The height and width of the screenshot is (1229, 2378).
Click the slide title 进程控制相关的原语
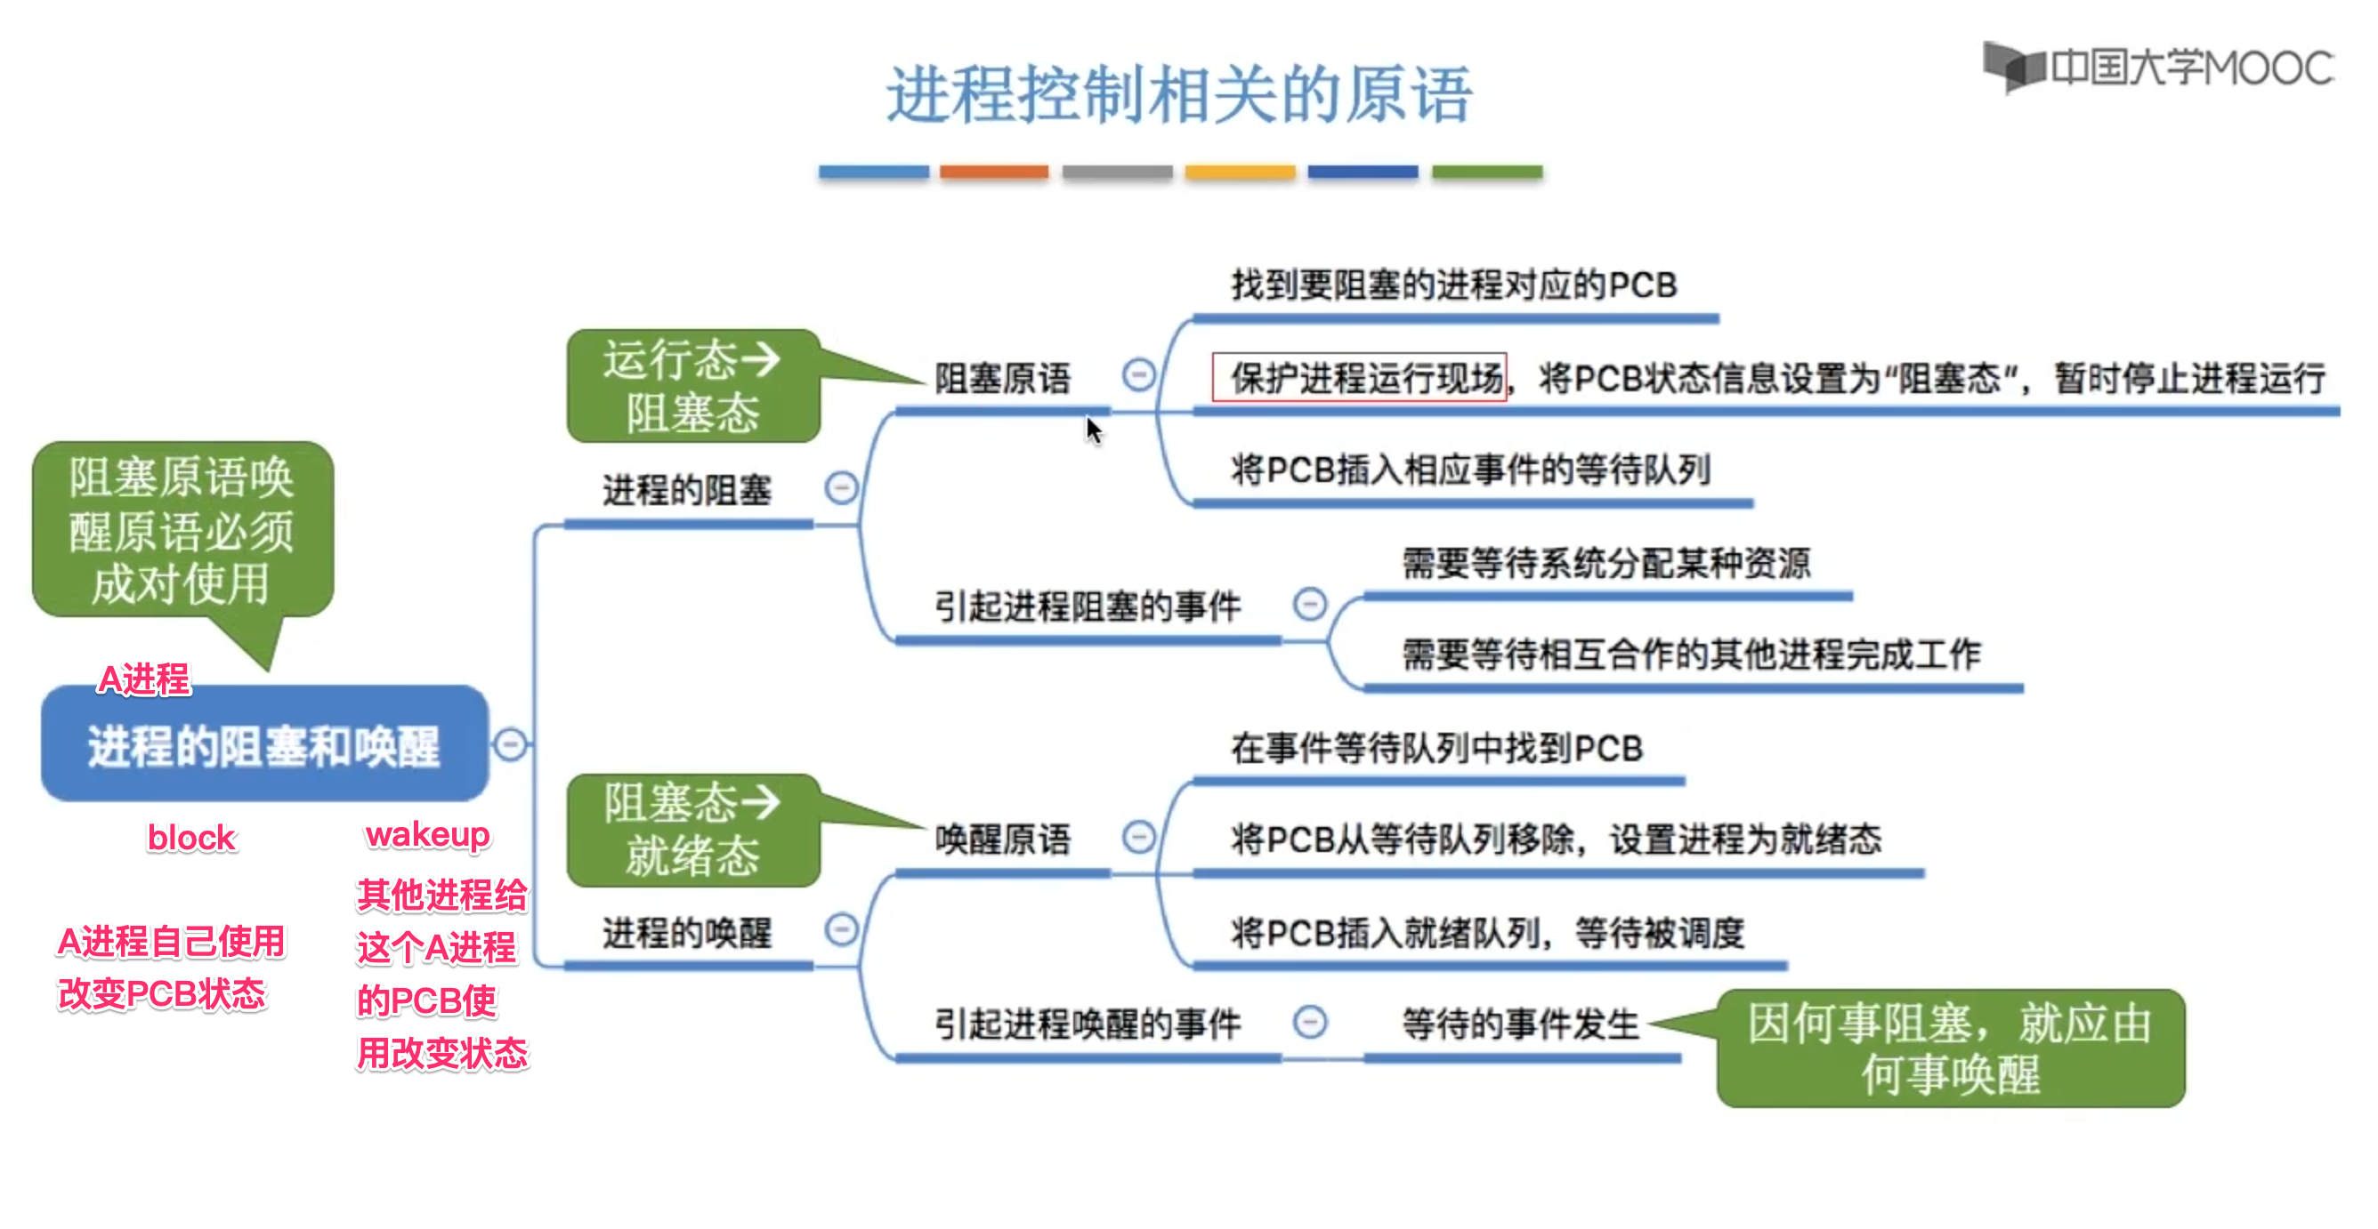1179,94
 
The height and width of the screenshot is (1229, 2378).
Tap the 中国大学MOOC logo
2158,68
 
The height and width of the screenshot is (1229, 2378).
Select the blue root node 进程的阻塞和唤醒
264,744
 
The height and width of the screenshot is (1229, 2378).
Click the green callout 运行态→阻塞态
692,386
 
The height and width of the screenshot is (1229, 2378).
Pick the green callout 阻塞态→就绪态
692,830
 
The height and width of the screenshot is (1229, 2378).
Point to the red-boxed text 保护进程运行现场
1359,377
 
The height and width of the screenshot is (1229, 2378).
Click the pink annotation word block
191,838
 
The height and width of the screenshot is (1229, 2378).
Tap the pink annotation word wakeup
427,834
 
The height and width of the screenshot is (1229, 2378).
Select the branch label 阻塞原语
1002,377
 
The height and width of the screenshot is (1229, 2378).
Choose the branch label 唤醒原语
1002,839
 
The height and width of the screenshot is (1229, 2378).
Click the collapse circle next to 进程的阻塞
841,487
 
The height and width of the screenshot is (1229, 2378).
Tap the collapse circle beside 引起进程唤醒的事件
1310,1022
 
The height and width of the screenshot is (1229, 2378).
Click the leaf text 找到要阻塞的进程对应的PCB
1453,285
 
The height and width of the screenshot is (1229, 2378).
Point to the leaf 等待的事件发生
1519,1024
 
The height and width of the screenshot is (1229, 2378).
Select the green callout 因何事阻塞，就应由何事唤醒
1950,1048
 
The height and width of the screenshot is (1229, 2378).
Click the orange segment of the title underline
994,173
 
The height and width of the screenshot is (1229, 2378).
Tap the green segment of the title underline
1486,173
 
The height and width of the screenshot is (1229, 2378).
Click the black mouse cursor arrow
1093,430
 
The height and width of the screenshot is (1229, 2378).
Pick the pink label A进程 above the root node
144,680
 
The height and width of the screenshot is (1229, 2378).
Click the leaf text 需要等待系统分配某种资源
1606,563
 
